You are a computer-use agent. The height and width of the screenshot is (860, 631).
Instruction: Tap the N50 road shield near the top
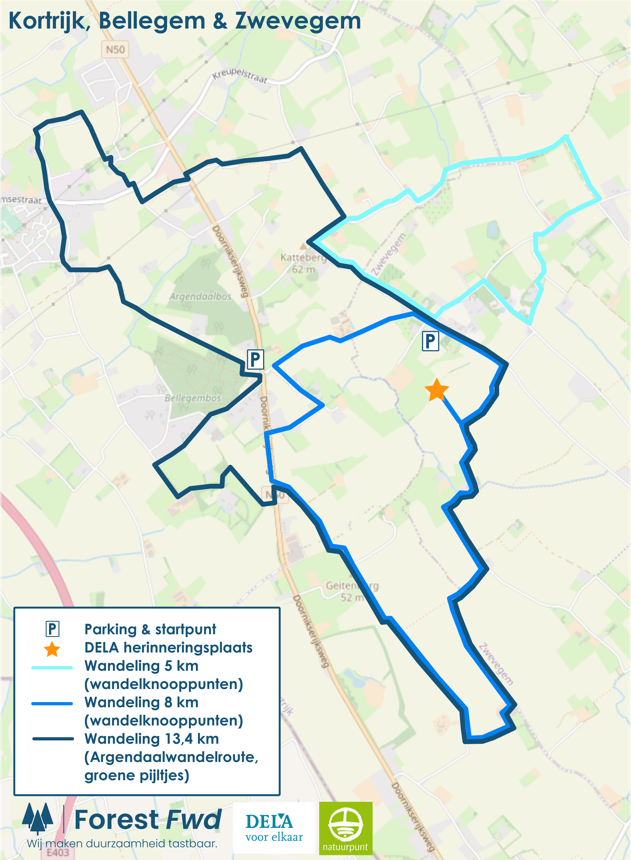(115, 50)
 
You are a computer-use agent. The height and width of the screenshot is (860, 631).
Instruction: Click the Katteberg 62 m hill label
(303, 263)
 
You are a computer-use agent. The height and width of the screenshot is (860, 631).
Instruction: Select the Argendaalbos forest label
(201, 296)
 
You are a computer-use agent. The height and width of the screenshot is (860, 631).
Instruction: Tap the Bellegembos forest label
(193, 398)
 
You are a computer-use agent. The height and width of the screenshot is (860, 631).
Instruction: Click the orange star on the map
(436, 390)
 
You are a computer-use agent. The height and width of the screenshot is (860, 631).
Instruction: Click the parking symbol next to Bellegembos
(255, 359)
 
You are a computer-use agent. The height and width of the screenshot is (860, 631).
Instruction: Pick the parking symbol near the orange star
(430, 341)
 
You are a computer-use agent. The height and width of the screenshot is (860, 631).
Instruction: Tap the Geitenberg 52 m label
(352, 591)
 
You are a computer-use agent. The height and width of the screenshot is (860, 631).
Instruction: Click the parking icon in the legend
(52, 629)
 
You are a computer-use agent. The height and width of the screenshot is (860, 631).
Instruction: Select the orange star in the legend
(52, 649)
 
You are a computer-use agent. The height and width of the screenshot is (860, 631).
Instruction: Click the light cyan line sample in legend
(52, 667)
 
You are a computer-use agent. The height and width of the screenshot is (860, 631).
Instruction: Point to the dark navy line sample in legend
(53, 739)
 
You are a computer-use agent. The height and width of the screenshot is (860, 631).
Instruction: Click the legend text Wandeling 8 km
(141, 702)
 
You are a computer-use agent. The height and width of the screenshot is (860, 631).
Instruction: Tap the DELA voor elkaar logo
(274, 827)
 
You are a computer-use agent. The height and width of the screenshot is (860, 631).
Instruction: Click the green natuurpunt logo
(345, 827)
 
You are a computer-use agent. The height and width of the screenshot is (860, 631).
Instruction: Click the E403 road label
(58, 852)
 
